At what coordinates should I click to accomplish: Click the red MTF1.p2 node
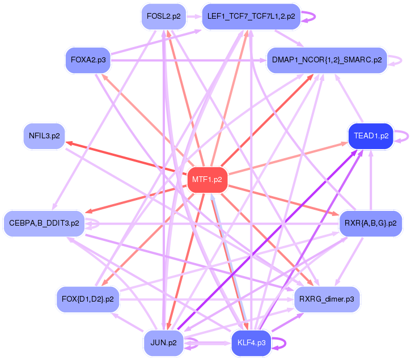tap(207, 180)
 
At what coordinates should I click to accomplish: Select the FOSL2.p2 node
tap(163, 16)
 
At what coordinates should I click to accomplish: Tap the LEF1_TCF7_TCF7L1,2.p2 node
tap(251, 16)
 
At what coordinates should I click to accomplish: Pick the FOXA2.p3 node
tap(87, 59)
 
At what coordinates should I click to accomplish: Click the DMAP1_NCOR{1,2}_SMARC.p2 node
tap(327, 59)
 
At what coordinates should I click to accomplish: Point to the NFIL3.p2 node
tap(44, 136)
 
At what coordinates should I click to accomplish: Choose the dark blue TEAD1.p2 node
tap(371, 136)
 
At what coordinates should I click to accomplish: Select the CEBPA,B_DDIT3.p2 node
tap(44, 223)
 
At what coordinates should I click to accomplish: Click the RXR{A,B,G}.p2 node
tap(371, 223)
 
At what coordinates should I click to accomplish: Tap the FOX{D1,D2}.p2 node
tap(87, 298)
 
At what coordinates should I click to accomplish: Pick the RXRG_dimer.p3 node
tap(327, 298)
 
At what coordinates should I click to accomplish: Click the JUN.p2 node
tap(163, 343)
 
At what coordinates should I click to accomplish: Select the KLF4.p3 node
tap(251, 343)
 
